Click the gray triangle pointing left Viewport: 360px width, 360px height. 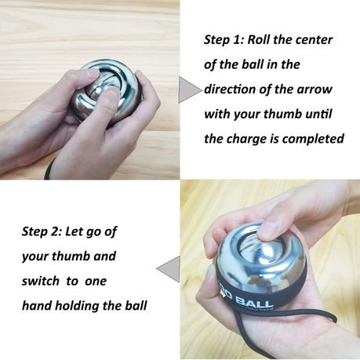click(x=169, y=269)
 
